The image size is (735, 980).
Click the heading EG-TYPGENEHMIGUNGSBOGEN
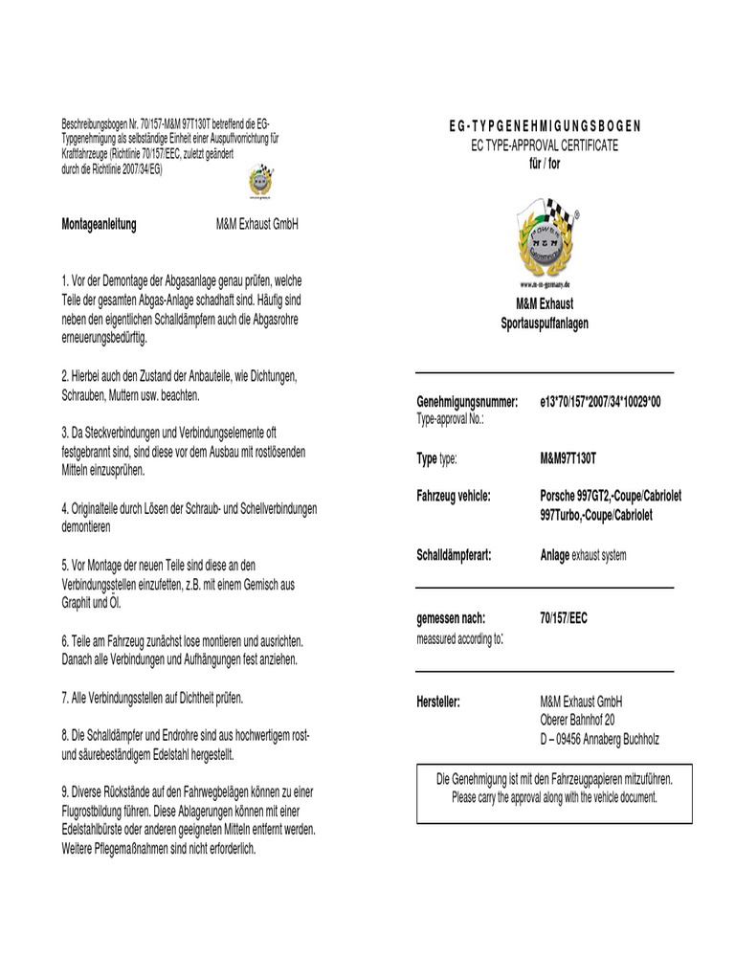(x=546, y=126)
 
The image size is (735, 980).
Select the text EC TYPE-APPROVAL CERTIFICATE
(x=546, y=145)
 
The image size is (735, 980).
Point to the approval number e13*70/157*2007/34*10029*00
(x=600, y=402)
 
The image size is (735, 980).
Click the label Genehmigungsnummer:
(x=467, y=402)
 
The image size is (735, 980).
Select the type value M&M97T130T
(x=574, y=459)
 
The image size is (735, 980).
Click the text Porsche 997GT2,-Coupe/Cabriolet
(x=611, y=497)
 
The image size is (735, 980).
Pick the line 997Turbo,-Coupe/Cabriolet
(x=596, y=515)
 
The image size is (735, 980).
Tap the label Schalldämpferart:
(x=454, y=554)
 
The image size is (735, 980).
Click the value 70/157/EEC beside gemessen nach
(x=564, y=618)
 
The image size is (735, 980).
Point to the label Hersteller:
(x=438, y=702)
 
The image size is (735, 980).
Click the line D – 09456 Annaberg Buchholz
(x=600, y=739)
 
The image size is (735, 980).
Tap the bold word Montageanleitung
(x=99, y=225)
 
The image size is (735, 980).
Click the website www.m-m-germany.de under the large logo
(x=545, y=285)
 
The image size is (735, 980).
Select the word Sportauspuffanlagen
(x=545, y=323)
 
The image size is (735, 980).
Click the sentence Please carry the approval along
(x=554, y=797)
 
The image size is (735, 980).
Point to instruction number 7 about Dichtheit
(x=153, y=697)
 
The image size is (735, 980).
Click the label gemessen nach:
(x=451, y=618)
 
